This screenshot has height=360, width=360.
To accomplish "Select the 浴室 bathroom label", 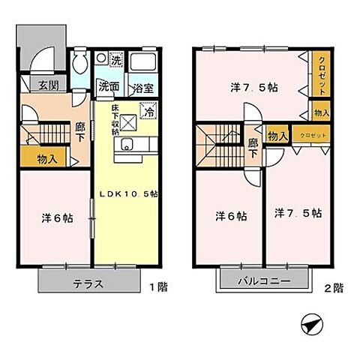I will (142, 88).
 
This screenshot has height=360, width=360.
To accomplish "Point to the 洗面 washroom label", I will (109, 87).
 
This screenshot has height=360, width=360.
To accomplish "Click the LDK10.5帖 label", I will (129, 194).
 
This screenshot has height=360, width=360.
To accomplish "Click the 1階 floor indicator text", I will (157, 286).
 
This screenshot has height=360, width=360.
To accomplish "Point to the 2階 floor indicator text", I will (332, 286).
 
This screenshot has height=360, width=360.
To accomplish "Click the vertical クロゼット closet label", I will (322, 76).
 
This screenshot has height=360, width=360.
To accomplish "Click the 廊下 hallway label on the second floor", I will (253, 146).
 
